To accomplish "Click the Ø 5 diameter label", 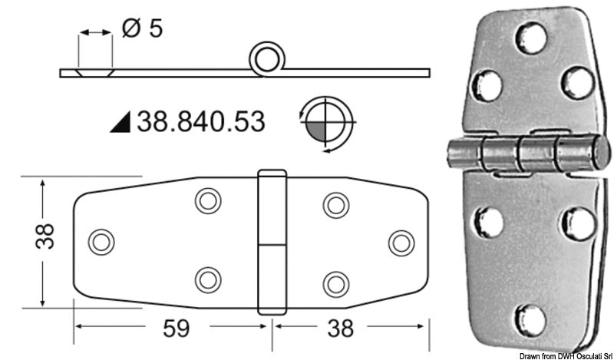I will [144, 31].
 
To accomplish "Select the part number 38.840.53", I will [200, 121].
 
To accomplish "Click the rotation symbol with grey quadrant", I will [325, 121].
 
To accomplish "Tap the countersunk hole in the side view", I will [94, 71].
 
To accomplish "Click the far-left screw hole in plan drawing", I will [100, 243].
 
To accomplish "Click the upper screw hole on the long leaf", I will [206, 202].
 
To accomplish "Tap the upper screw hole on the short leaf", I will [334, 203].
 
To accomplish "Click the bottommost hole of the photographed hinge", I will [530, 317].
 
